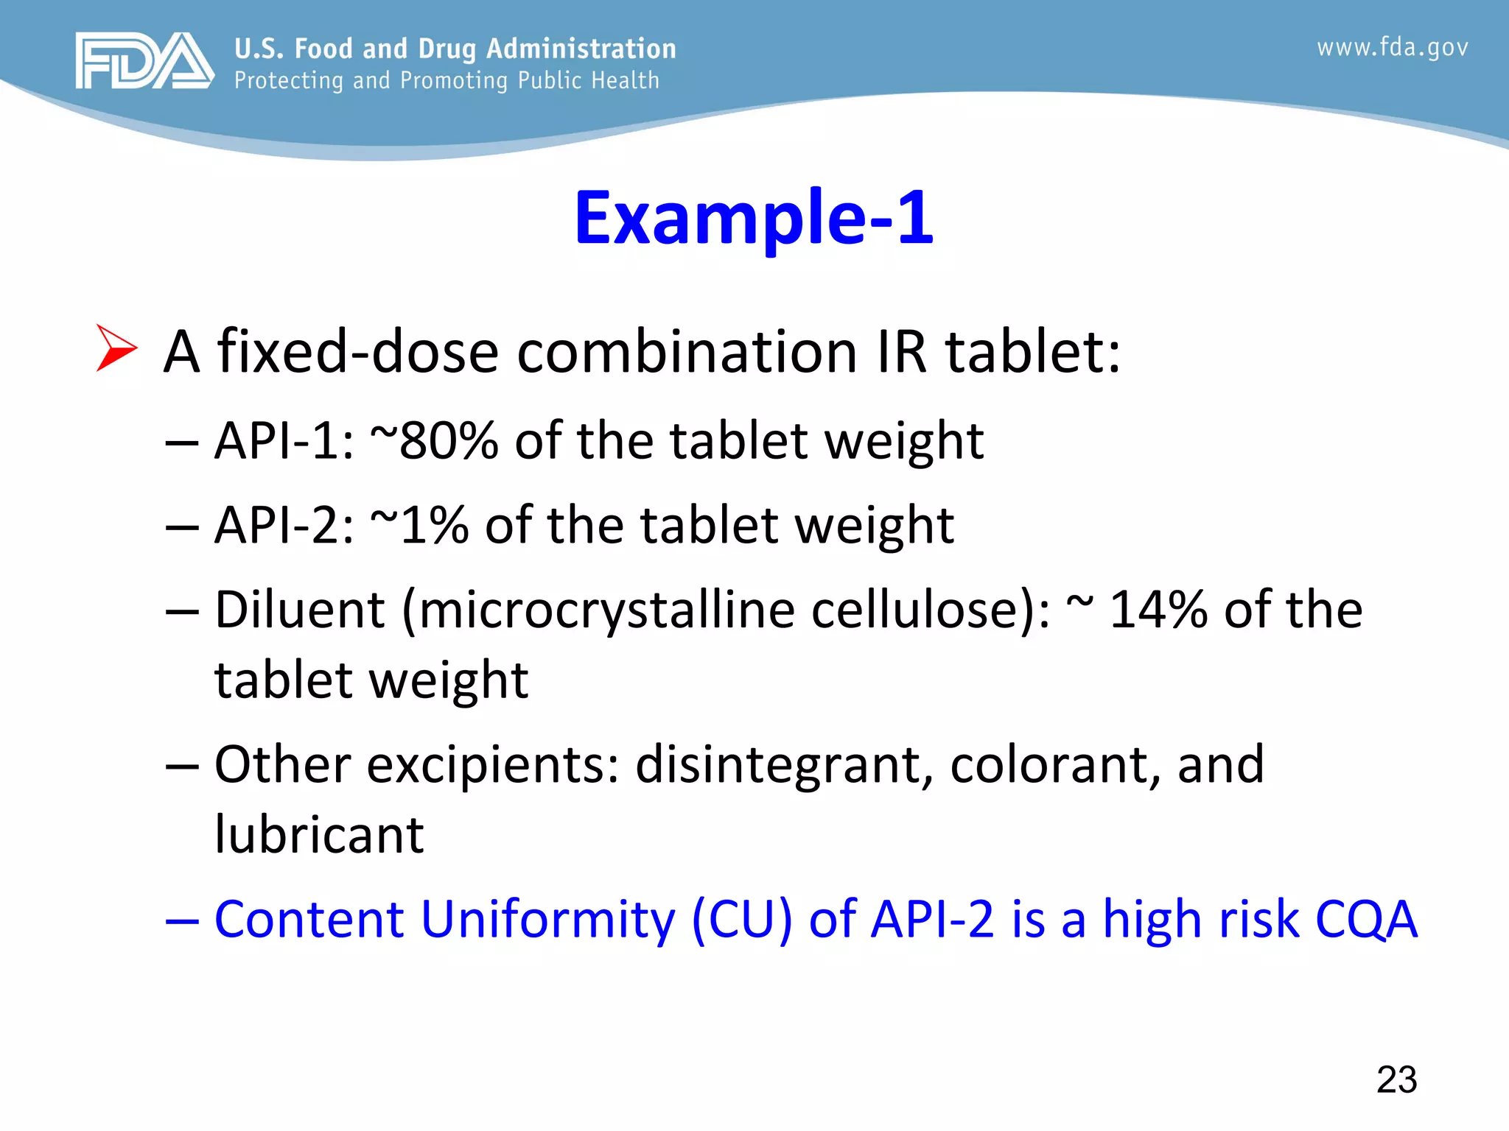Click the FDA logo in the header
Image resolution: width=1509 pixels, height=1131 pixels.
tap(144, 60)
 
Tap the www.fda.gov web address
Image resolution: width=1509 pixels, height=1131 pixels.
tap(1392, 48)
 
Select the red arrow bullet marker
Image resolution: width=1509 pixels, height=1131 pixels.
tap(116, 348)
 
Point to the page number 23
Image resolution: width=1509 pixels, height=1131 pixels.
tap(1396, 1079)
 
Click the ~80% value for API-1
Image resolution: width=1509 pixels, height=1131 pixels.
tap(434, 441)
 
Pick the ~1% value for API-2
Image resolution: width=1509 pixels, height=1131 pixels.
tap(419, 526)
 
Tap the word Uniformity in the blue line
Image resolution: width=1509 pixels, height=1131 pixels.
tap(547, 920)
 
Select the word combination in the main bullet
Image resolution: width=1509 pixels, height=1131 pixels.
tap(687, 352)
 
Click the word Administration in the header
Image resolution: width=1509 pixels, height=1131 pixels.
tap(581, 49)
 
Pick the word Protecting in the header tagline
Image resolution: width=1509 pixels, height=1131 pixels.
tap(288, 80)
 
